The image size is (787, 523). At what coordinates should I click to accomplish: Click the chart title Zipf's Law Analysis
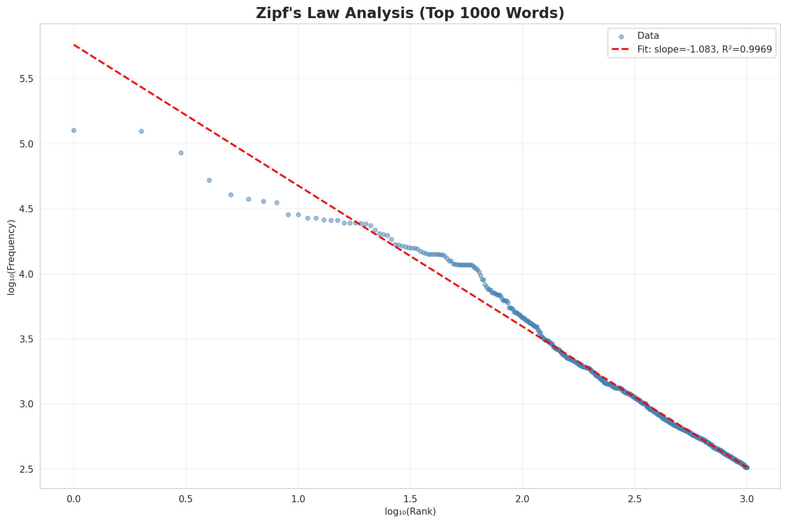(410, 13)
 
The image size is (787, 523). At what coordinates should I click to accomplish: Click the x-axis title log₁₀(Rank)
(410, 512)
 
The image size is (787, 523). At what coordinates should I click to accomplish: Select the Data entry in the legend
(648, 36)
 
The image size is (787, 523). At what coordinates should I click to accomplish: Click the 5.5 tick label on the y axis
(28, 79)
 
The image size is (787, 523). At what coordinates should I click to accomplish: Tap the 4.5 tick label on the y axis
(28, 209)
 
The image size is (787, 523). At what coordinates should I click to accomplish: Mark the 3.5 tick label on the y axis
(28, 339)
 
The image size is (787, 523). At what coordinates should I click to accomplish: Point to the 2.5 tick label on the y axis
(28, 469)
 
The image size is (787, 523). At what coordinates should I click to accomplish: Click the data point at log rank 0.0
(74, 130)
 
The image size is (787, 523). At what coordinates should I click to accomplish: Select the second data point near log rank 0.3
(141, 131)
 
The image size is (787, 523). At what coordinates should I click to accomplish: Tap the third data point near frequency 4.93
(181, 153)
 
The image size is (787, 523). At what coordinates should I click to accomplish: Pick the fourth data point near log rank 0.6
(209, 180)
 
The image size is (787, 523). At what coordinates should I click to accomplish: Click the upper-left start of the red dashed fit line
(74, 45)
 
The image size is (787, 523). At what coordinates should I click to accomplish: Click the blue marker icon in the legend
(621, 37)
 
